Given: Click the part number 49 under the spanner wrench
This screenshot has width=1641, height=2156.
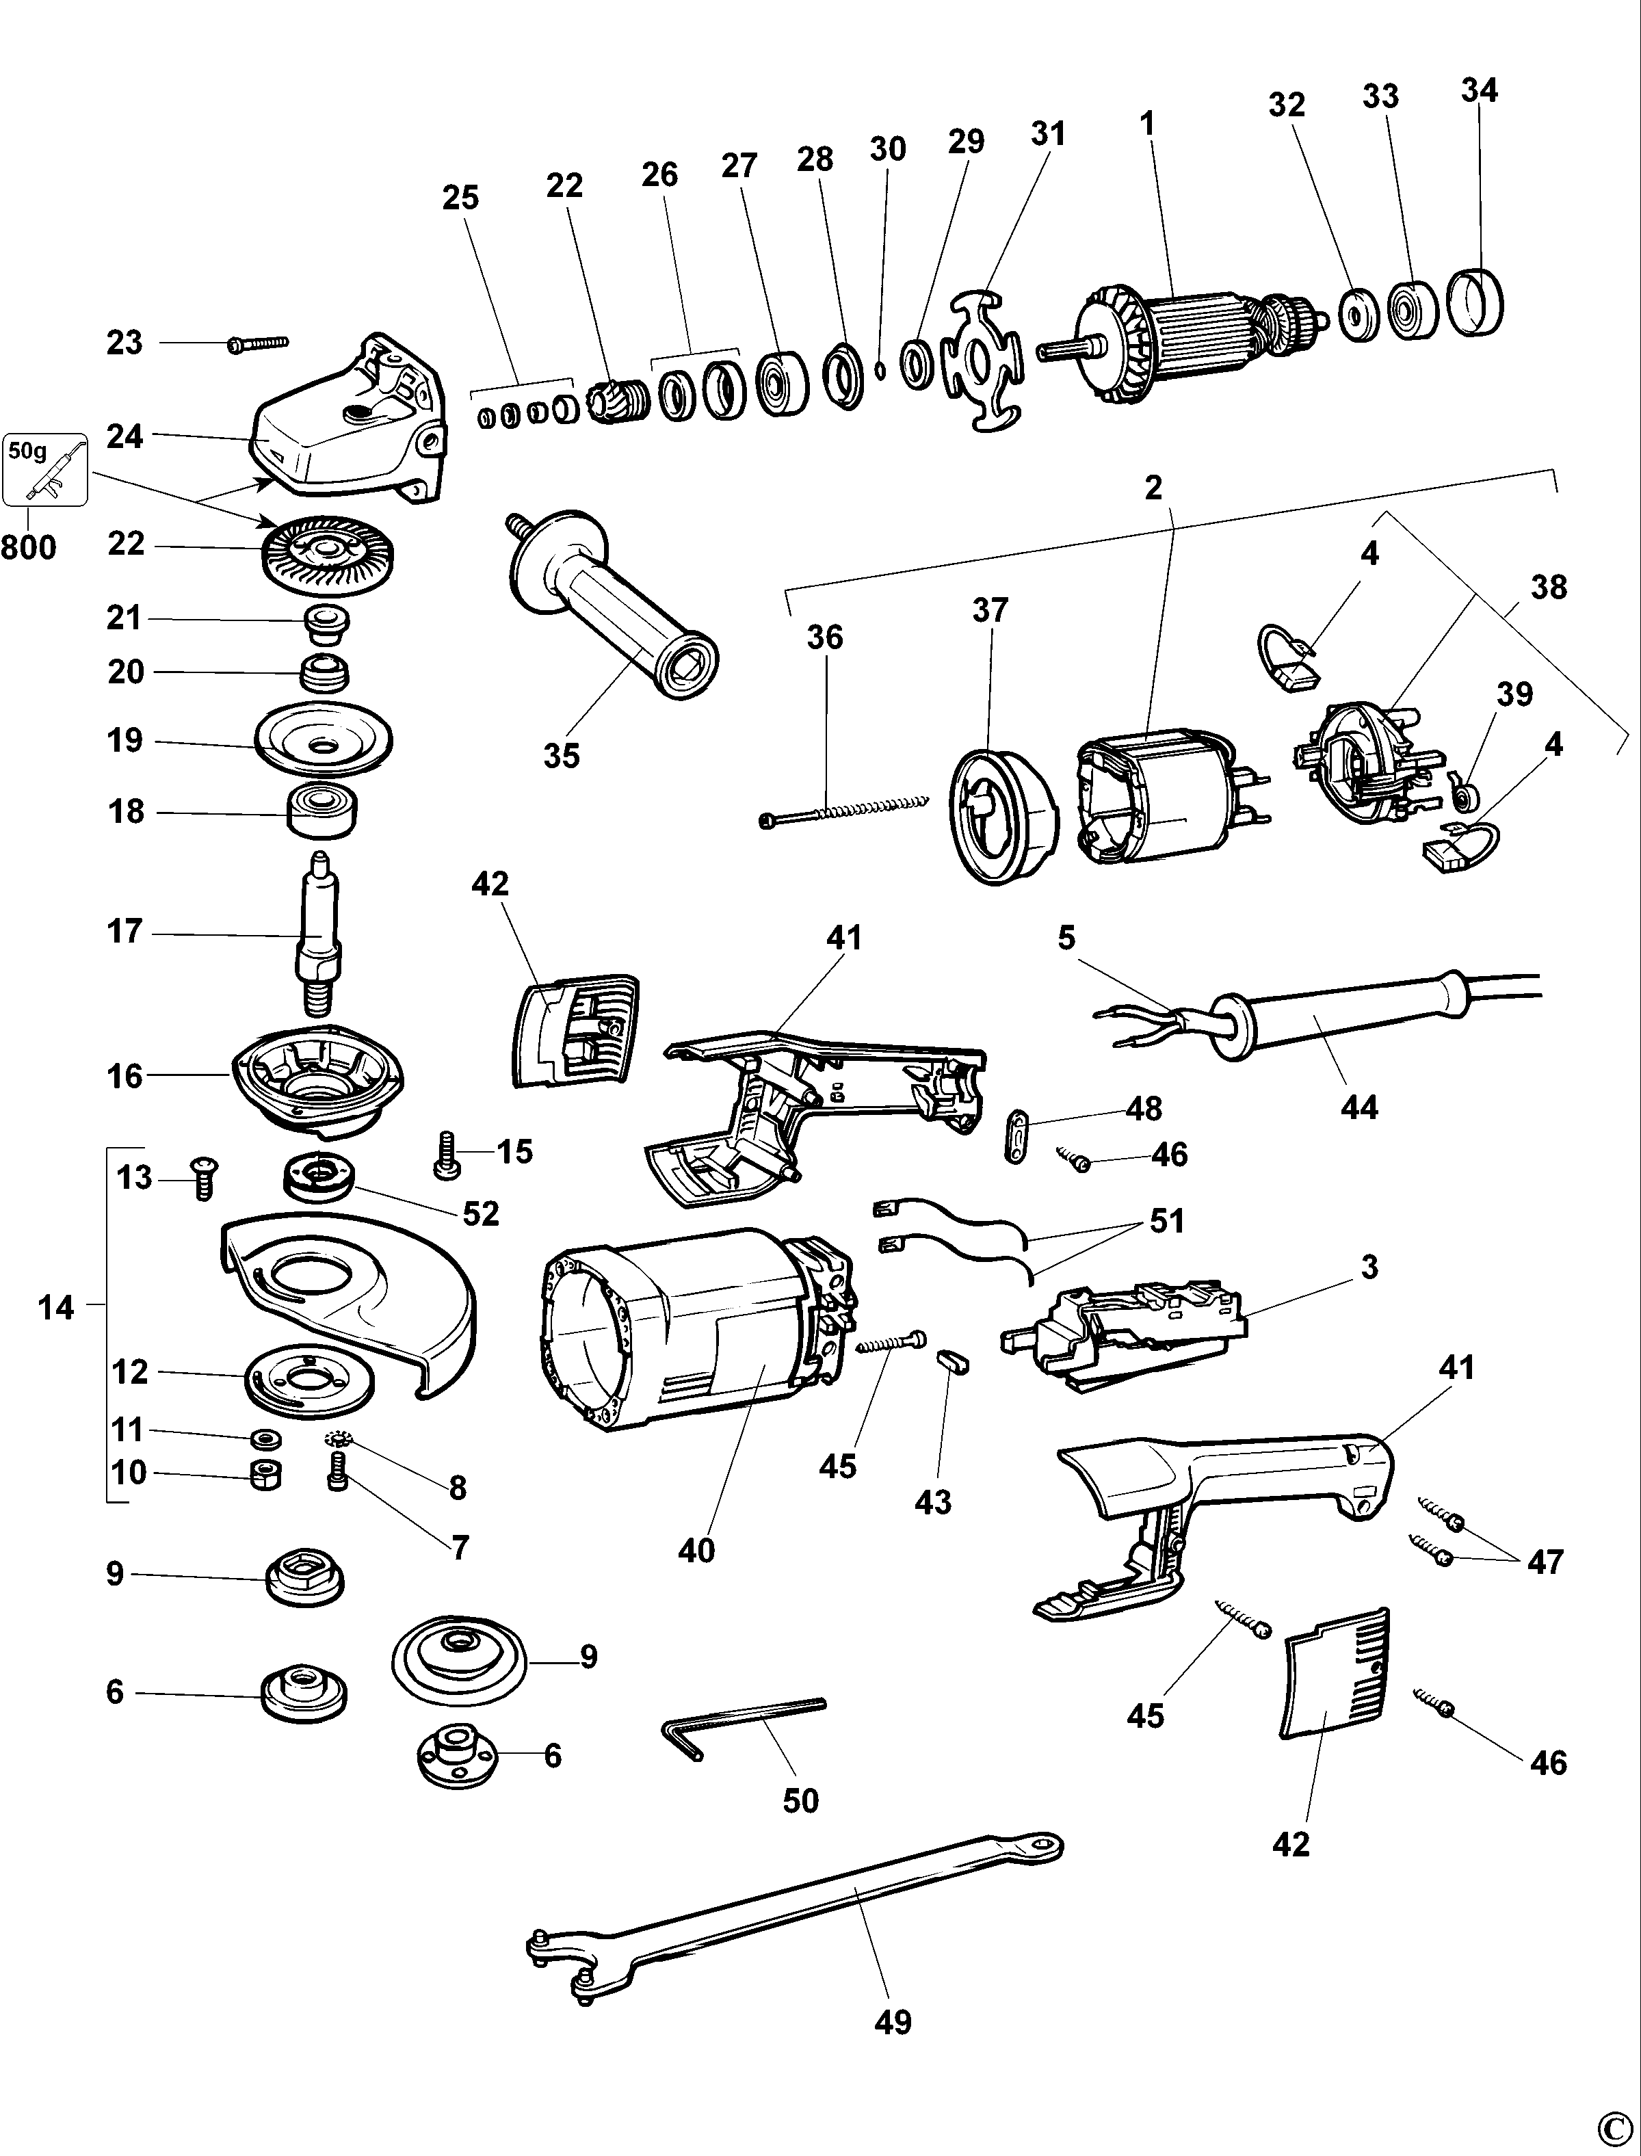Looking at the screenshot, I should pos(892,2021).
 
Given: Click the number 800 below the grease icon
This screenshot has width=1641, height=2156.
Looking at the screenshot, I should pos(28,547).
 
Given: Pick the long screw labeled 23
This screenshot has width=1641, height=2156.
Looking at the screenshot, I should pos(259,343).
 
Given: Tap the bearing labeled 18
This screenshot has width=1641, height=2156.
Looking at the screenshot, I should pos(322,811).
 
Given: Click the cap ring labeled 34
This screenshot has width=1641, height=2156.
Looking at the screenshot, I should pos(1474,303).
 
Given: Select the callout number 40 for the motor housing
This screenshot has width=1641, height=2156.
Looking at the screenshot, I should pos(696,1551).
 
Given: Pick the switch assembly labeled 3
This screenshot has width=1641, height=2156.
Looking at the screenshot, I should pos(1123,1333).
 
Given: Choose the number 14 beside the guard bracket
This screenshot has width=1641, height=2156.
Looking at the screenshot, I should pos(55,1307).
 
